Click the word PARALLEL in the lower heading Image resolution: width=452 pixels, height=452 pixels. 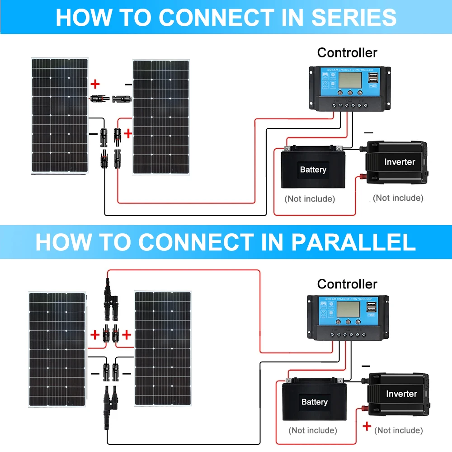(x=353, y=242)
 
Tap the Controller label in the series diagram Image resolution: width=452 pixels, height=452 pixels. (x=347, y=52)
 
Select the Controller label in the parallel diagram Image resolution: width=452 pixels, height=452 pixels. (x=347, y=284)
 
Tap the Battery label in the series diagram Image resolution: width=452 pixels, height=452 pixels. (x=313, y=170)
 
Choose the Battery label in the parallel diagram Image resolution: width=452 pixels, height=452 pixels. (x=314, y=402)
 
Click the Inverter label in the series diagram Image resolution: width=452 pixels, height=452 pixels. (x=400, y=162)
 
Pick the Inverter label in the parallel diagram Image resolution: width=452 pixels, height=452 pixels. (x=401, y=394)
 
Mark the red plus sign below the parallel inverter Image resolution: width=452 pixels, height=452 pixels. (x=367, y=426)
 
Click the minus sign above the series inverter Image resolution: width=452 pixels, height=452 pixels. (x=368, y=133)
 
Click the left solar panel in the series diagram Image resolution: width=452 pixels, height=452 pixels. (x=59, y=115)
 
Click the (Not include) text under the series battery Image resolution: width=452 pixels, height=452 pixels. (x=310, y=199)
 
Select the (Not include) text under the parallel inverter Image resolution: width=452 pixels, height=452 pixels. (x=399, y=430)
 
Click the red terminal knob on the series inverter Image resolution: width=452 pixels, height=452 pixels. (x=363, y=177)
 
